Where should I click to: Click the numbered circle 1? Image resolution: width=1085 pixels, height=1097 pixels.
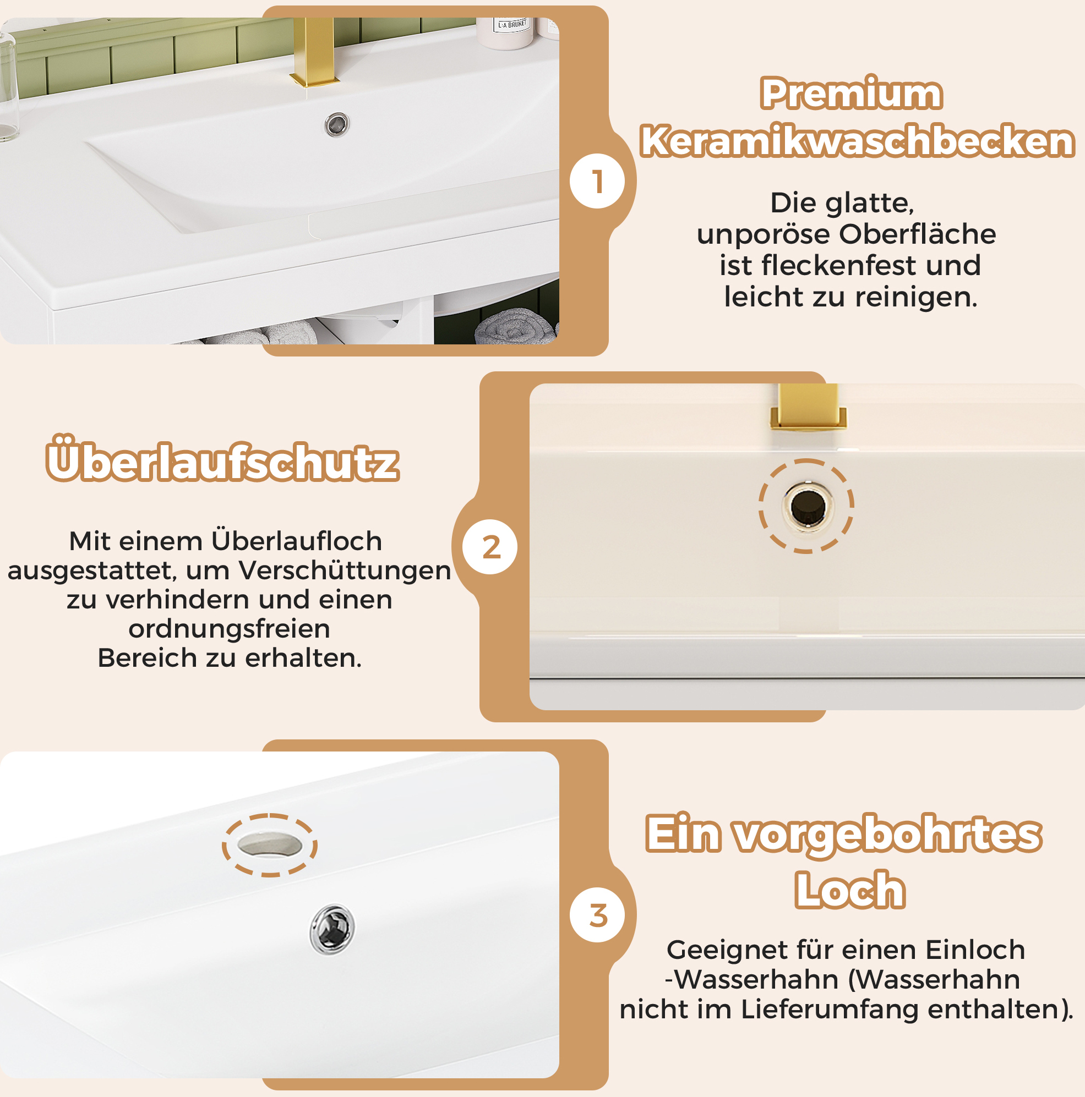(597, 181)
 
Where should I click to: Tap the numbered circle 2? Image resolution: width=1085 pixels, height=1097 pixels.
(490, 547)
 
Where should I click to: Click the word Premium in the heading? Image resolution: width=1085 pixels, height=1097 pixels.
(851, 93)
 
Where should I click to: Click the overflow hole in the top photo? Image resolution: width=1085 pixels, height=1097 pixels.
(337, 124)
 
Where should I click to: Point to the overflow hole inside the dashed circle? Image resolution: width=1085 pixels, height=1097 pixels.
(808, 506)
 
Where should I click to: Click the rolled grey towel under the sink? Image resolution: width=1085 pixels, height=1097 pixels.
(515, 326)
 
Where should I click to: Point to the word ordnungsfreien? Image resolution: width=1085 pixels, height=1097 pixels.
(229, 629)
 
